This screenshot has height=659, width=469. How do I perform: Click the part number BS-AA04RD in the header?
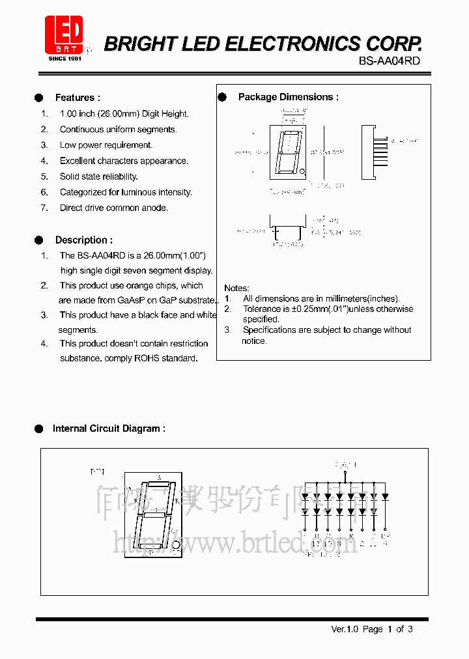390,61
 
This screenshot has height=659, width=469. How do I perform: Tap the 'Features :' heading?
78,98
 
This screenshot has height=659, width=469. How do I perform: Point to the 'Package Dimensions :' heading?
288,97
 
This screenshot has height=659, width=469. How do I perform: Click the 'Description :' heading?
83,240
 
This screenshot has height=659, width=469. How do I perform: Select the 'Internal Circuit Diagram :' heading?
109,428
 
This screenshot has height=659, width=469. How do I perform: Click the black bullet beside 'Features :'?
39,98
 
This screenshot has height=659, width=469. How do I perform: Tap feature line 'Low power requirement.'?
106,145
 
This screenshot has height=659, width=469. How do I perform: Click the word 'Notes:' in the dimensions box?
236,288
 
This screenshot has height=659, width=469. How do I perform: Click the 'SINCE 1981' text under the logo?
64,59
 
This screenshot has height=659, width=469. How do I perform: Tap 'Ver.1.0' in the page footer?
345,629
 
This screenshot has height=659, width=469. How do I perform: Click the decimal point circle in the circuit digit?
175,544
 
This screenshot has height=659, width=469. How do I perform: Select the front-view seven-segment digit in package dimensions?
287,153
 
